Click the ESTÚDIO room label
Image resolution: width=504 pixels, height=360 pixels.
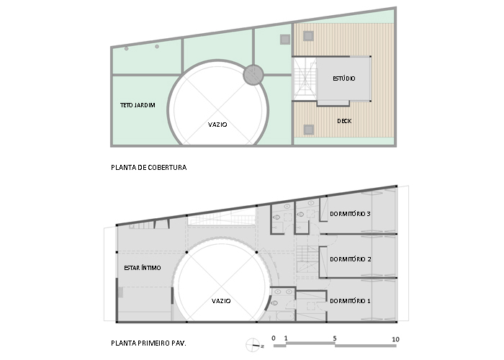[344, 78]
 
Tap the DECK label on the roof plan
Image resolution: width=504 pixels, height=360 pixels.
[344, 121]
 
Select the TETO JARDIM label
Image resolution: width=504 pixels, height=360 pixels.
[138, 105]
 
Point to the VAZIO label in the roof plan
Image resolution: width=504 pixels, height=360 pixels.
[217, 125]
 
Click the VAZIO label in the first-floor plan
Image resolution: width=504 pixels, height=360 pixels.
[221, 301]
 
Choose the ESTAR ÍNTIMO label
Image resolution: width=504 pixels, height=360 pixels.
[143, 268]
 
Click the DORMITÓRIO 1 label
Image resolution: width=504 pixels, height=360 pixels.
[350, 301]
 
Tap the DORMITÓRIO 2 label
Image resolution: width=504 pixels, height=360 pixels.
[351, 259]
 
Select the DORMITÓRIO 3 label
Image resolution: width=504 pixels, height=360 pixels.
[350, 214]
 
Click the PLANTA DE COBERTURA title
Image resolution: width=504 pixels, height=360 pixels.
[149, 168]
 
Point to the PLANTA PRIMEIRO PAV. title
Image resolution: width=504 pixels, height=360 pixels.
[148, 343]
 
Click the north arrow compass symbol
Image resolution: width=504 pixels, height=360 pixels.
[253, 345]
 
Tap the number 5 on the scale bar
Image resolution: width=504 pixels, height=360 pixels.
[335, 338]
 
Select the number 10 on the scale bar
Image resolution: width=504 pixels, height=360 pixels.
[395, 339]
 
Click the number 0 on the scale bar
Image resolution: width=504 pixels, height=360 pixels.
[274, 338]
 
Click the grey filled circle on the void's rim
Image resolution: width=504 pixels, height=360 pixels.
[253, 75]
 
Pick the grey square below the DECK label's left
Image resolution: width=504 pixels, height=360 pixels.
[309, 130]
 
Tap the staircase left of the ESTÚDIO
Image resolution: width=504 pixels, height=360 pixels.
[305, 78]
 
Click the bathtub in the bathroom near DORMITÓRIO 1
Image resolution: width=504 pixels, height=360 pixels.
[285, 316]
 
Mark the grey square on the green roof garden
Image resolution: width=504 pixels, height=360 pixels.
[285, 39]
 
